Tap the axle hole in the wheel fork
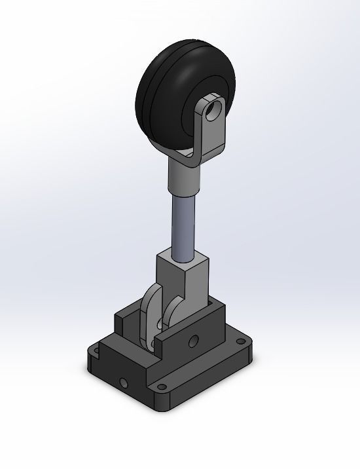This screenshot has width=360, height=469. tap(211, 109)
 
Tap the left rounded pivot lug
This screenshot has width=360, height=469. tap(150, 314)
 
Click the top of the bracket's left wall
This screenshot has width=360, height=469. tap(126, 319)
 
